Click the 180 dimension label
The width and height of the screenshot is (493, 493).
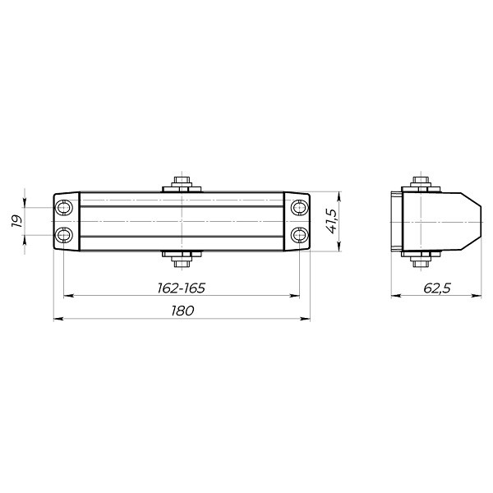182,311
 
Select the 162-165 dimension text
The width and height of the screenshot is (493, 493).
181,288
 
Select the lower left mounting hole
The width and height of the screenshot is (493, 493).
64,236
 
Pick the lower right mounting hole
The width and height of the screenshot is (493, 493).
298,236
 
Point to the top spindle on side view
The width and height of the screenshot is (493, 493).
419,182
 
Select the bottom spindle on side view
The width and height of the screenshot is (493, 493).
419,261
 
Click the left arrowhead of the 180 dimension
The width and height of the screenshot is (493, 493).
58,319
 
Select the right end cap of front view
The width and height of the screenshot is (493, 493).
296,222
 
